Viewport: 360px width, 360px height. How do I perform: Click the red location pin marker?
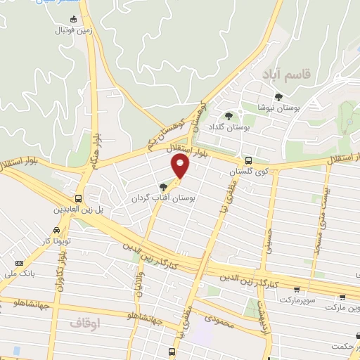click(x=181, y=167)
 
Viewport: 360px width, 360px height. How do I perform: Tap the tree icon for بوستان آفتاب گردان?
click(x=164, y=187)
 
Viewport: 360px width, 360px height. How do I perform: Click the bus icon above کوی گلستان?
click(x=247, y=160)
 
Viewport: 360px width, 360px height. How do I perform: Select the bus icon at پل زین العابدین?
click(x=79, y=198)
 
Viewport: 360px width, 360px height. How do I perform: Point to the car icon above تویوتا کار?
click(x=56, y=230)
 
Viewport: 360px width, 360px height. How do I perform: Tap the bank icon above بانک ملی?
click(x=18, y=264)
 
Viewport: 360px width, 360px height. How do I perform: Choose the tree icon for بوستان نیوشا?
click(x=278, y=98)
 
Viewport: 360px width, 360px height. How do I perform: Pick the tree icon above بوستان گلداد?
click(x=227, y=116)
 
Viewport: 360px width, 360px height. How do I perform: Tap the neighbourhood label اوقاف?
click(x=82, y=323)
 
